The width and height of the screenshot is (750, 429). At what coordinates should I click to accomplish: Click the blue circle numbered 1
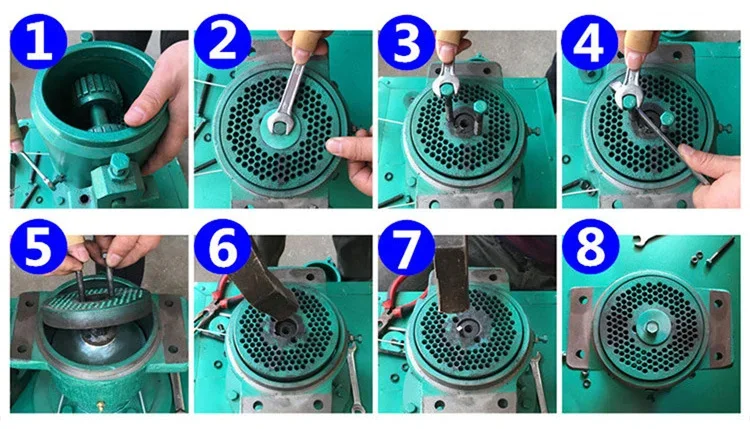39,43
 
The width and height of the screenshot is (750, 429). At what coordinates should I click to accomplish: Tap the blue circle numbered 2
223,43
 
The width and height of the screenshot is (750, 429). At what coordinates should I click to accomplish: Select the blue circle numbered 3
407,43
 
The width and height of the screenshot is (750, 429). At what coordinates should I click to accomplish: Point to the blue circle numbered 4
591,43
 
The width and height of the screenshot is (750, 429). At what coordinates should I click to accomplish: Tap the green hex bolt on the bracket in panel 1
118,164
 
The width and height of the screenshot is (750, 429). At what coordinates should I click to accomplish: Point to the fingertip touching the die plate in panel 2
335,146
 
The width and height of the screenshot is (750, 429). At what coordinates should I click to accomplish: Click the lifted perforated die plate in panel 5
94,307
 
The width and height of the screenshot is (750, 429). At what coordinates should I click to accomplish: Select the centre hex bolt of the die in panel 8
652,327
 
